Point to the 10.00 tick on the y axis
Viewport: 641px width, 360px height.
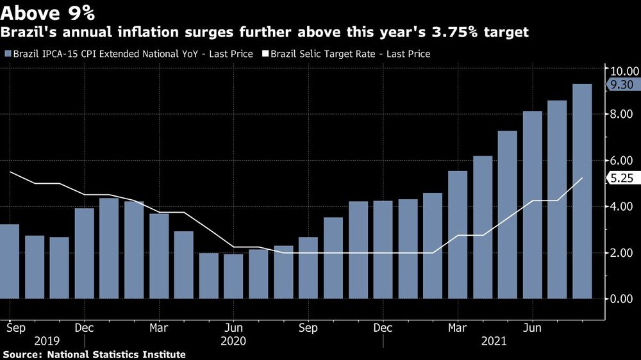(623, 70)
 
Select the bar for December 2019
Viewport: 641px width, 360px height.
(84, 253)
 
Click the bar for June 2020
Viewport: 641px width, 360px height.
(233, 276)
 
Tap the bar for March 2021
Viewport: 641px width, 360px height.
(458, 234)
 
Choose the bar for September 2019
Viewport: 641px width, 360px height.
(9, 261)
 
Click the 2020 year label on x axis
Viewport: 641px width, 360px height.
(233, 341)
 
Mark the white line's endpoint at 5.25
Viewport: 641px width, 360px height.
(582, 178)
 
